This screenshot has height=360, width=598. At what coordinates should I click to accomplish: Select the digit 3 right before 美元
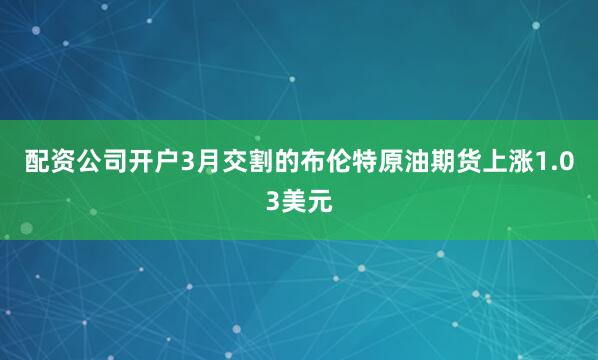272,201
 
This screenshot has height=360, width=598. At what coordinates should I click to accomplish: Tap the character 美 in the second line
294,201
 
